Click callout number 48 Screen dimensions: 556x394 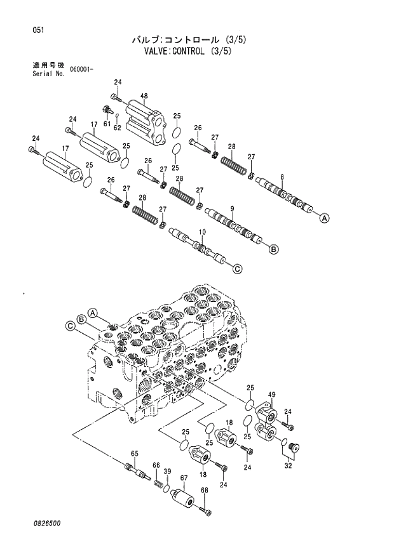144,96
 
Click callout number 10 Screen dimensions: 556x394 202,233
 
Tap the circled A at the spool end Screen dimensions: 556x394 324,218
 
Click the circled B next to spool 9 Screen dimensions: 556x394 273,249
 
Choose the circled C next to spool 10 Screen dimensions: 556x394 237,269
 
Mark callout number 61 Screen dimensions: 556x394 107,123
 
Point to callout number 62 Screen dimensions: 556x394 117,128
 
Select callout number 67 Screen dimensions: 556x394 184,478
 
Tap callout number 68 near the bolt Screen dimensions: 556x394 205,490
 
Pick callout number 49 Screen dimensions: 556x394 271,395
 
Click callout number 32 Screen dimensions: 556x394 288,465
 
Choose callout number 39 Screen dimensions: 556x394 168,471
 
